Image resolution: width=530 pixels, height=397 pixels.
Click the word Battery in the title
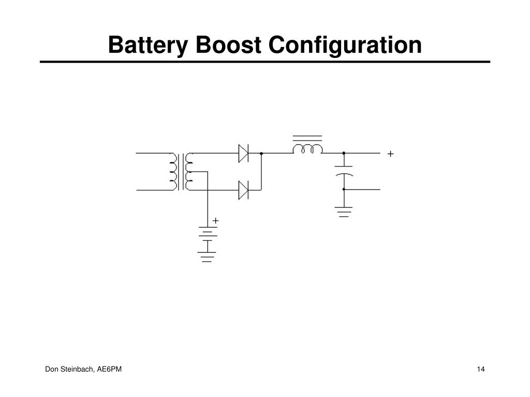coord(148,45)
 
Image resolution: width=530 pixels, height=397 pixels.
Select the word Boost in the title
coord(228,45)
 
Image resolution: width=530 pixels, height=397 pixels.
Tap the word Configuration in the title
coord(345,45)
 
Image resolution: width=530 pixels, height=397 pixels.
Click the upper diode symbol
coord(243,153)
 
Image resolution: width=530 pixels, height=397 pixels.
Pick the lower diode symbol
coord(243,190)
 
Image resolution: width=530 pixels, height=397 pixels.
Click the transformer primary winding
coord(173,172)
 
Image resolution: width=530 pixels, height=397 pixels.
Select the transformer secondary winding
coord(188,172)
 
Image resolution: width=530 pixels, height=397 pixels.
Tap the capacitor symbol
coord(344,171)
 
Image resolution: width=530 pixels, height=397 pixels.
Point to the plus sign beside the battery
coord(216,221)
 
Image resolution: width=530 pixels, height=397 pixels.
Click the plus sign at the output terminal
coord(390,154)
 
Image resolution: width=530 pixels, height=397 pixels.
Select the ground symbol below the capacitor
coord(344,211)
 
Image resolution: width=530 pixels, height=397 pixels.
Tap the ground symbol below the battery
coord(207,257)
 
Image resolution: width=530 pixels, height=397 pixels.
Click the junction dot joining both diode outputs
coord(261,153)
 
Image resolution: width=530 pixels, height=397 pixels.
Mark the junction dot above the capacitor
coord(344,153)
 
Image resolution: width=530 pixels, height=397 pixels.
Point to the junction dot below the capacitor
coord(344,189)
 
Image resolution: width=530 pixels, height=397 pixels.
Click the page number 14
coord(481,369)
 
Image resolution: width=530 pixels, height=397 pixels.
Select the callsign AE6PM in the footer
coord(109,369)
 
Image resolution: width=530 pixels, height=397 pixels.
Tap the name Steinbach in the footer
coord(77,369)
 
